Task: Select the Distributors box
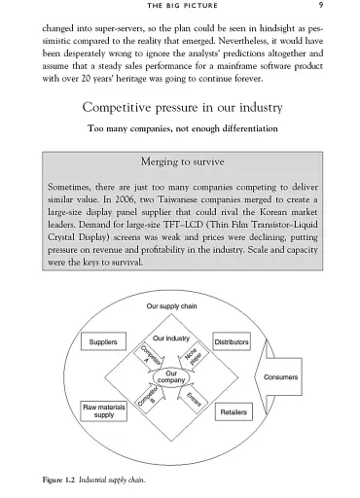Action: click(x=232, y=343)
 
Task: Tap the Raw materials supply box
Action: click(x=102, y=409)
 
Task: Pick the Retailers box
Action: click(x=233, y=411)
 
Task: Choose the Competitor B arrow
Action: click(x=147, y=400)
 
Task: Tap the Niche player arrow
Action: click(x=192, y=355)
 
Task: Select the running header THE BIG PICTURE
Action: click(x=180, y=8)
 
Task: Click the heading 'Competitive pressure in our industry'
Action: click(x=180, y=107)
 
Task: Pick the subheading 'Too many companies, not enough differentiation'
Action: click(x=180, y=128)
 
